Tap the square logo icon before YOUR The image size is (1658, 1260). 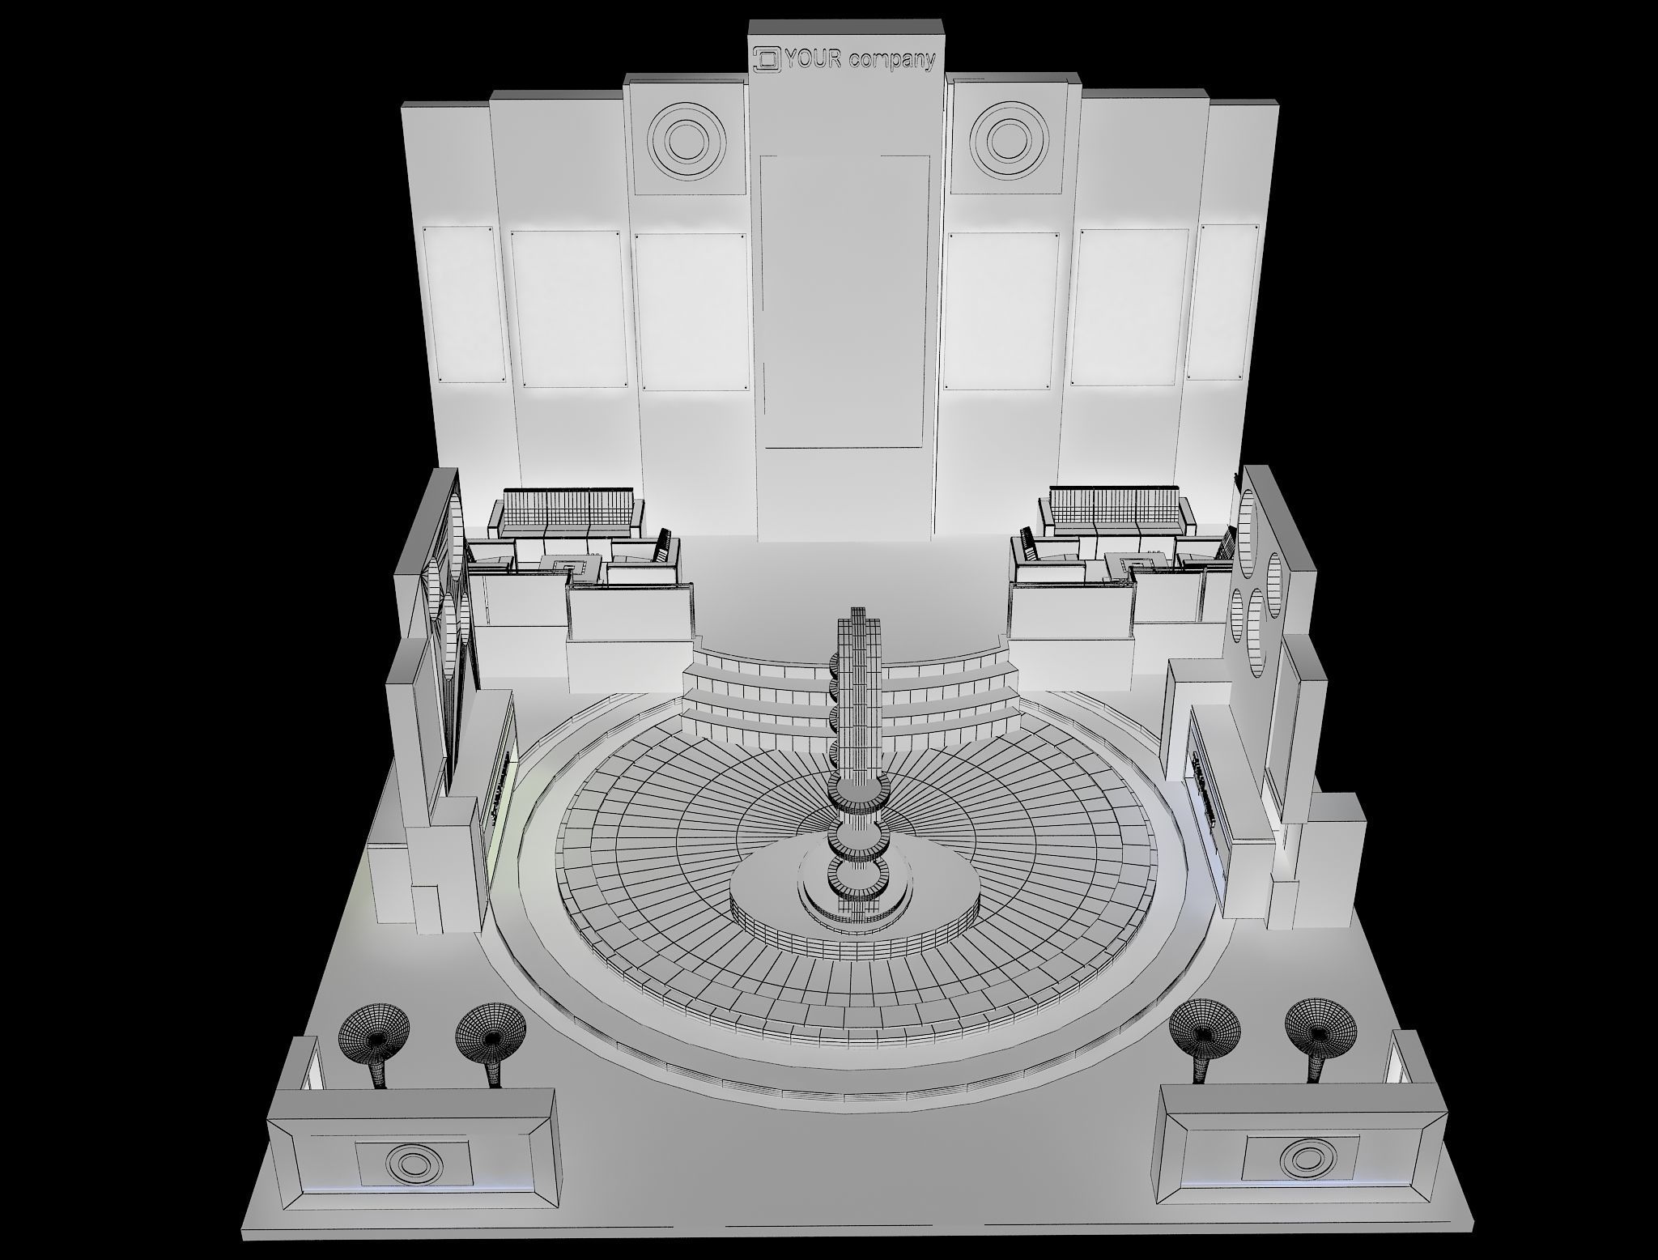pos(766,58)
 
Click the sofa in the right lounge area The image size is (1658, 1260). pos(1118,515)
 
